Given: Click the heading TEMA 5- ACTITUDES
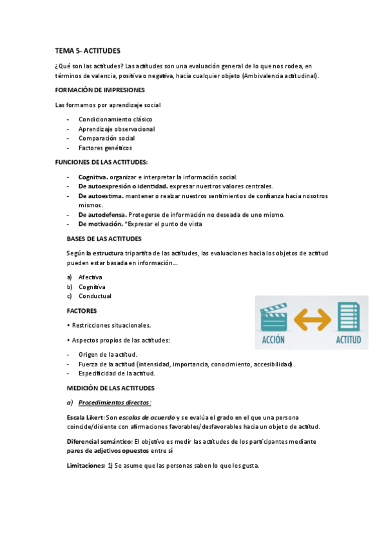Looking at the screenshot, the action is pos(88,50).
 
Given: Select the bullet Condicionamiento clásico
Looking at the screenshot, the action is pos(115,119).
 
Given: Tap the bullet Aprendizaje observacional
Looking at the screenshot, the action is pos(117,129).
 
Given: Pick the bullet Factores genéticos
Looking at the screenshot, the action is pos(105,148).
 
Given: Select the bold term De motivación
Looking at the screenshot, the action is pos(101,224).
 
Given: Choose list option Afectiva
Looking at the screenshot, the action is pos(90,277).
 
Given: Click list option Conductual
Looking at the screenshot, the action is pos(95,296).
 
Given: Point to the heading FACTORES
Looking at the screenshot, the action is pos(82,310).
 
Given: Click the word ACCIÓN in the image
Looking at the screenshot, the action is pos(273,339).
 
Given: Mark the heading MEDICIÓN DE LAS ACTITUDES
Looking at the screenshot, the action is pos(111,388).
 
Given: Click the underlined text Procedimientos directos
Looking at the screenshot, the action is pos(114,403).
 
